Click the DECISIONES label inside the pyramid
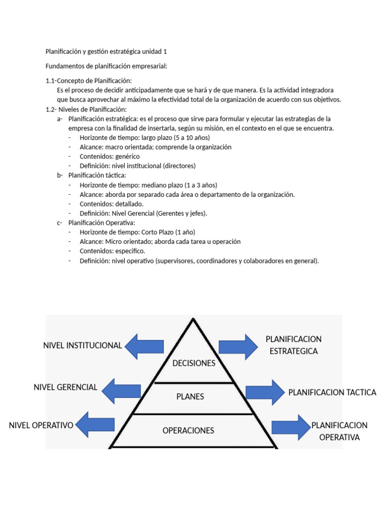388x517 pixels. click(x=194, y=364)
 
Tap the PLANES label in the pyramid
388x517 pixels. click(x=190, y=397)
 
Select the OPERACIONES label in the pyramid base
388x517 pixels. click(x=188, y=431)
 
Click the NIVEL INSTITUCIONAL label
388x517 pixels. click(x=82, y=346)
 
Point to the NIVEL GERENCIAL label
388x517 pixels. click(x=65, y=387)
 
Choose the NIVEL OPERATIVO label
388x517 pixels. click(x=41, y=425)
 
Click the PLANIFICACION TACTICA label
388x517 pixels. click(x=332, y=392)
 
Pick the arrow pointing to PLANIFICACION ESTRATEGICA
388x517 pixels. click(x=238, y=346)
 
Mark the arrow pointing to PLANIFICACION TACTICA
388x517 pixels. click(x=265, y=392)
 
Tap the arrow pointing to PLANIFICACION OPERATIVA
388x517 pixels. click(x=290, y=427)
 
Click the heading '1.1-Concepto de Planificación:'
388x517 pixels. click(x=88, y=81)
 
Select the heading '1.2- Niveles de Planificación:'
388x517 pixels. click(x=86, y=109)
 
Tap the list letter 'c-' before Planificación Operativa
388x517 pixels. click(x=60, y=223)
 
